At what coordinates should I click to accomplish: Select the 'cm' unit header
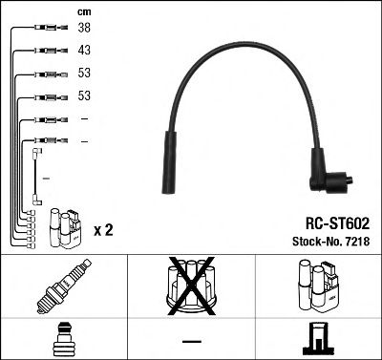(x=84, y=12)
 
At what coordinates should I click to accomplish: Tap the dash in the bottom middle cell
(x=190, y=341)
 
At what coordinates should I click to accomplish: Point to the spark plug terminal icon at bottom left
(x=62, y=339)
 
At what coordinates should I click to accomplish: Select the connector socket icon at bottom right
(x=318, y=339)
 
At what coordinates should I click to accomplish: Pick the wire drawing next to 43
(x=47, y=51)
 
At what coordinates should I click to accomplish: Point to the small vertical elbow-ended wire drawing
(x=36, y=177)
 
